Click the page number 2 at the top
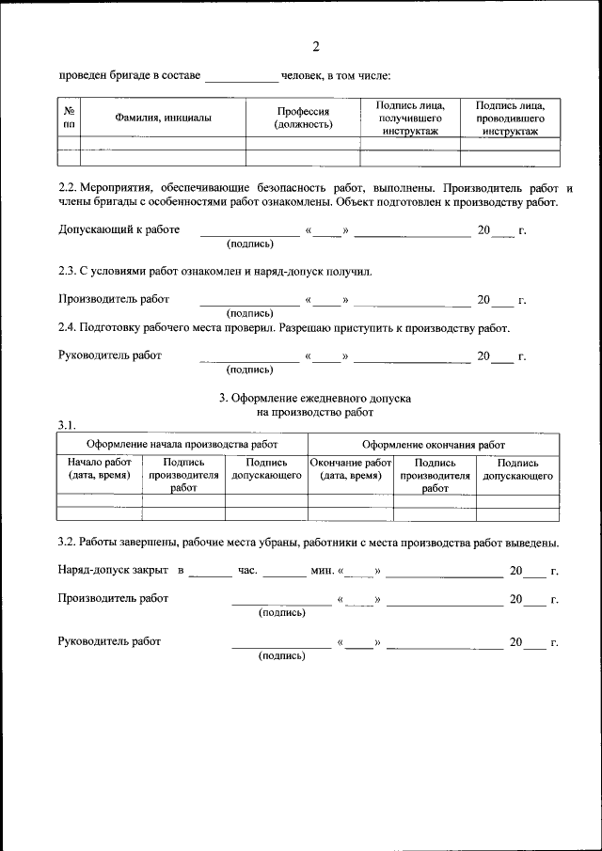pyautogui.click(x=316, y=47)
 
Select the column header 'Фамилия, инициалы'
pyautogui.click(x=163, y=118)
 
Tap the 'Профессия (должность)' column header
pyautogui.click(x=303, y=118)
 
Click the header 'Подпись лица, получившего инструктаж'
pyautogui.click(x=410, y=118)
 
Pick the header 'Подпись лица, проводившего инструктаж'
pyautogui.click(x=511, y=118)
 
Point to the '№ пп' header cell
pyautogui.click(x=69, y=118)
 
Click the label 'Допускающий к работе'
pyautogui.click(x=119, y=229)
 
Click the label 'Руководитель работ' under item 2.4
pyautogui.click(x=109, y=355)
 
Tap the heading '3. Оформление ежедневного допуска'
pyautogui.click(x=315, y=399)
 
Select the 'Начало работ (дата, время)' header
pyautogui.click(x=100, y=469)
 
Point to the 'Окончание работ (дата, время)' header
pyautogui.click(x=350, y=469)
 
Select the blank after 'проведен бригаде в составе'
pyautogui.click(x=241, y=76)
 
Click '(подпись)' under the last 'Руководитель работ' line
pyautogui.click(x=281, y=655)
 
